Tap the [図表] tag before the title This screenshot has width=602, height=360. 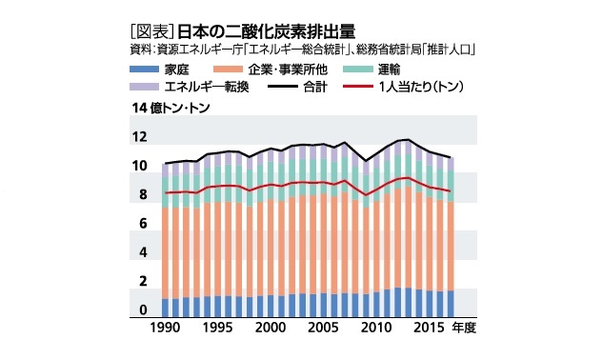click(x=152, y=29)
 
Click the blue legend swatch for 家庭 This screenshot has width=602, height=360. click(x=143, y=70)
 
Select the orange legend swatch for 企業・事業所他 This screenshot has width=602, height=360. click(x=229, y=70)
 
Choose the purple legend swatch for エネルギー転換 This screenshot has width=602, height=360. click(x=143, y=89)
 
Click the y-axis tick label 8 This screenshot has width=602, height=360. click(x=142, y=195)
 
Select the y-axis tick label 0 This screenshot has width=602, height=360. click(x=142, y=311)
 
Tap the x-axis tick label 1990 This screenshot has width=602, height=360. click(x=166, y=327)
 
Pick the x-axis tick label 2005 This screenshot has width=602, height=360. click(x=324, y=327)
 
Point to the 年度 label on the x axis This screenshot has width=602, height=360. click(x=464, y=327)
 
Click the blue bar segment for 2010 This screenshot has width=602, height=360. click(x=375, y=304)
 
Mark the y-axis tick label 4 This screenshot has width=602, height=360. click(x=142, y=253)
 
